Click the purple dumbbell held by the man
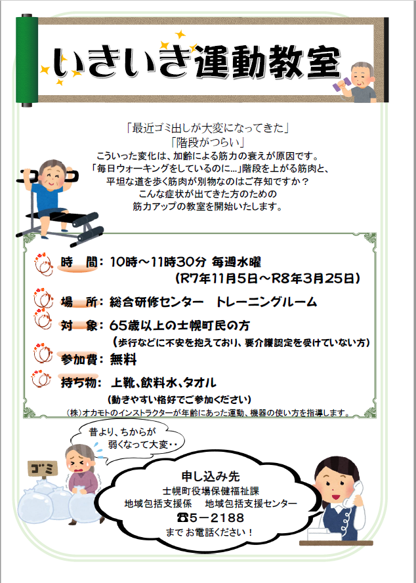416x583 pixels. pos(341,84)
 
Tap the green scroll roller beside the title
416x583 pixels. pos(27,60)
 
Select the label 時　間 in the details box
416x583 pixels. pos(79,262)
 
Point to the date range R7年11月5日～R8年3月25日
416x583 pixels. pos(268,278)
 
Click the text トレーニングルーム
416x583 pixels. pos(266,302)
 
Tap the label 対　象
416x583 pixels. pos(79,326)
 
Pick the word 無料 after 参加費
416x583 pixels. pos(123,359)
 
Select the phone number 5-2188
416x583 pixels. pos(217,517)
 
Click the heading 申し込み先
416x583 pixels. pos(211,476)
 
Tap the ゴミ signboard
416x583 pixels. pos(43,469)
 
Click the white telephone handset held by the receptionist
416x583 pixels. pos(354,493)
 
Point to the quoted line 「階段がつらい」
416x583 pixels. pos(207,142)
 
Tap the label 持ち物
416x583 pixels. pos(79,382)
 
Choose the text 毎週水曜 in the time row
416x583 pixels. pos(236,262)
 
